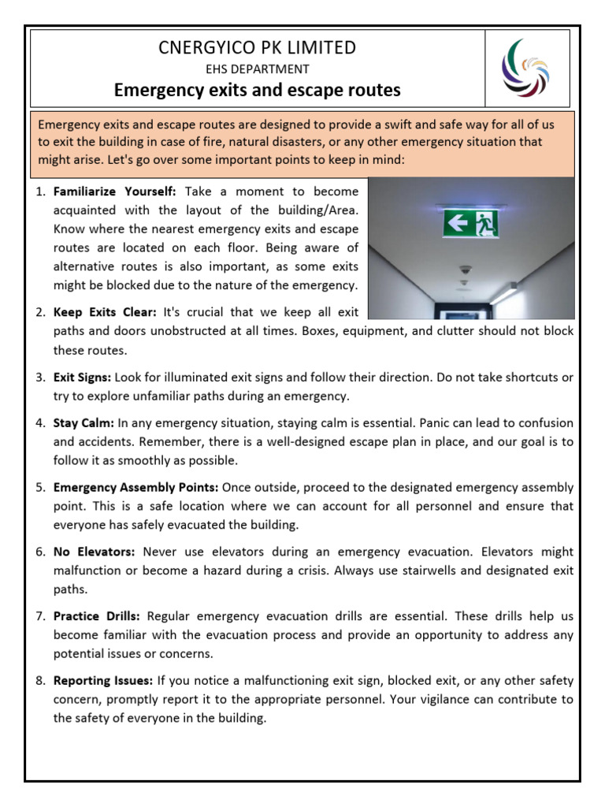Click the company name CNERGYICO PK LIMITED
point(258,47)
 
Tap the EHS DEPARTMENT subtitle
point(258,69)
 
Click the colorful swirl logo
point(525,68)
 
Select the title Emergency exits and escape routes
point(258,91)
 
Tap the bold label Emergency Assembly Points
point(135,488)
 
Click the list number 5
point(40,488)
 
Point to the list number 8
point(40,680)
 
